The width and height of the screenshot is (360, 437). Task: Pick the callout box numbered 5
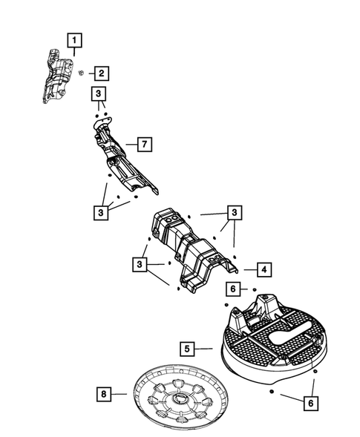[189, 346]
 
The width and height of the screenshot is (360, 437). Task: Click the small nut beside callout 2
[82, 73]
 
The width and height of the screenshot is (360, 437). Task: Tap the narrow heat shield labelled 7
[122, 160]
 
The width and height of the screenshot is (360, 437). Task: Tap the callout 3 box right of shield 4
[235, 212]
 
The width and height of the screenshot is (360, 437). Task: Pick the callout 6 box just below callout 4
[234, 288]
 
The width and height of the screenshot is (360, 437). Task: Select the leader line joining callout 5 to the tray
[206, 346]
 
